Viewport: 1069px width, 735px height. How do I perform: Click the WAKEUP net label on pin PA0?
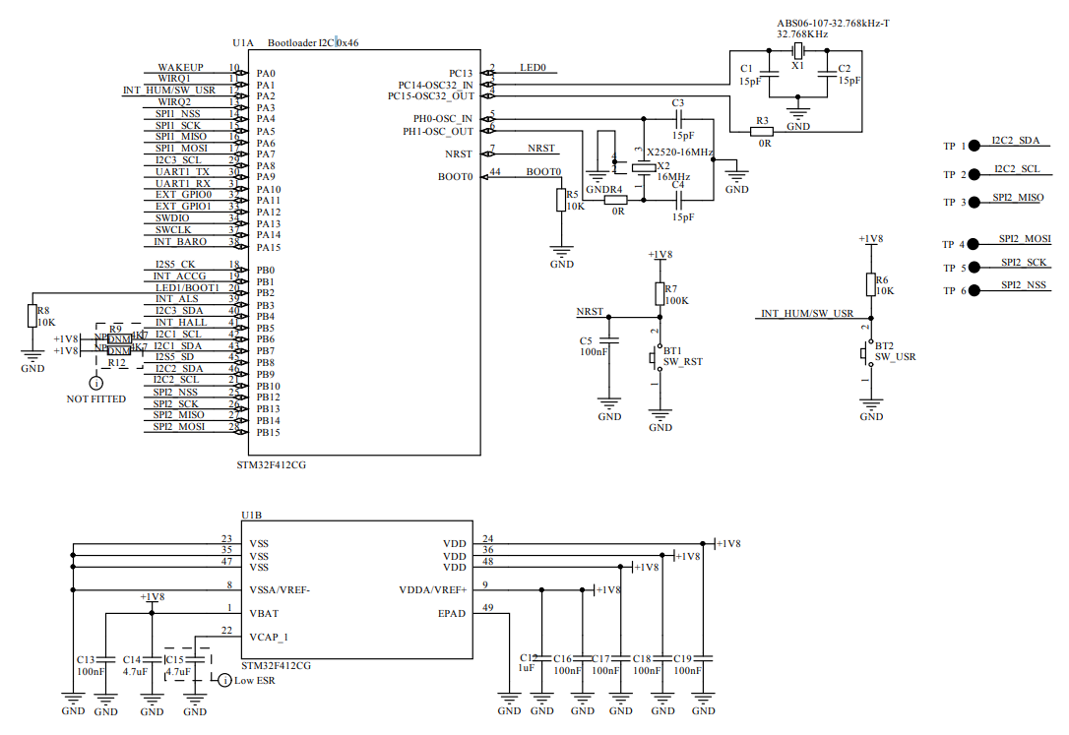pos(180,68)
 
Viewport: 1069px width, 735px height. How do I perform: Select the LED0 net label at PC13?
pos(533,68)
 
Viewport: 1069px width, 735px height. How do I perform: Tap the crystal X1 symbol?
pos(798,52)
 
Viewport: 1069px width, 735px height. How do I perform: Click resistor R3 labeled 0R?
pos(762,131)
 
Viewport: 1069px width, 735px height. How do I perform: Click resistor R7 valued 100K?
pos(660,293)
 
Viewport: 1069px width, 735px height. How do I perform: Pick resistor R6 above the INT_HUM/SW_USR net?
pos(870,284)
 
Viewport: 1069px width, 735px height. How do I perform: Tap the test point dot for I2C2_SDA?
pos(974,146)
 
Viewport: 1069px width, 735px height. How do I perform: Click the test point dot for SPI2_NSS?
pos(974,290)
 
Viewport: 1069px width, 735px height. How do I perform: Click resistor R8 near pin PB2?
pos(32,316)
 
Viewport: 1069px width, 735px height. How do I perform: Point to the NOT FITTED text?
pos(95,399)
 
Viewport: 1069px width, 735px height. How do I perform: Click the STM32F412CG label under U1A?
pos(272,465)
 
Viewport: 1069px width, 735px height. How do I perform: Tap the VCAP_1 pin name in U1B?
pos(269,636)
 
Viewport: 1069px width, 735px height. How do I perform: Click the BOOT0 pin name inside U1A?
pos(456,177)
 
